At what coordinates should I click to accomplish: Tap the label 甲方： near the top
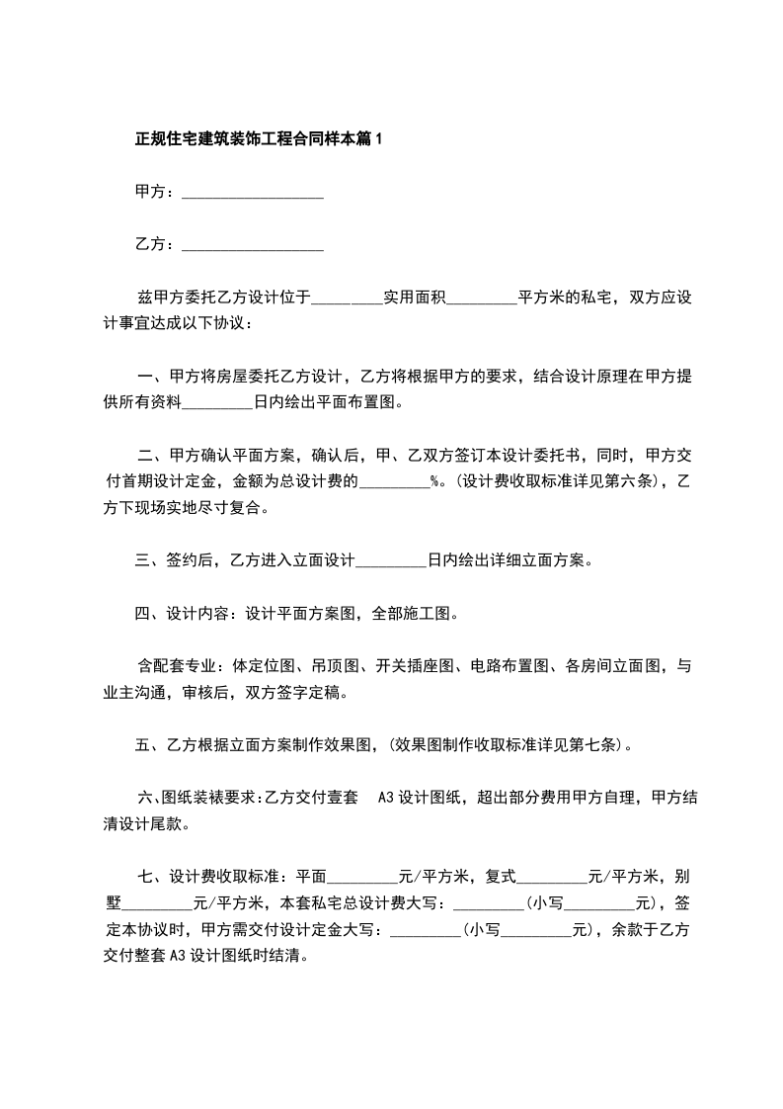point(156,192)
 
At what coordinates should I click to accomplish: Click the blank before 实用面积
point(347,298)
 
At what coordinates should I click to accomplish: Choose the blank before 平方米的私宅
point(483,298)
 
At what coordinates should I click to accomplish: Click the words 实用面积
point(416,298)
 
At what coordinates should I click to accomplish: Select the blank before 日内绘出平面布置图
point(218,403)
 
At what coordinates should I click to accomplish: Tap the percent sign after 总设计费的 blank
point(434,482)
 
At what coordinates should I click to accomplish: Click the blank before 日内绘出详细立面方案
point(390,561)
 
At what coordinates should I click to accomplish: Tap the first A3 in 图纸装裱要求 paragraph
point(386,798)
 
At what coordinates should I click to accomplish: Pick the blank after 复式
point(552,877)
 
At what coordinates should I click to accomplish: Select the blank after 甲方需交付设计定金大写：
point(426,930)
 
